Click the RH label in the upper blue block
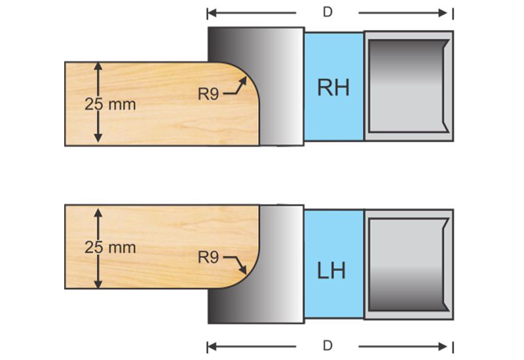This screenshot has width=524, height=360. tap(333, 87)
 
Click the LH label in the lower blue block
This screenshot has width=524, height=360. tap(333, 270)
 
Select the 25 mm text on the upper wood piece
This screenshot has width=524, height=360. tap(111, 103)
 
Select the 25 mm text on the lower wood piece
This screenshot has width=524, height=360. tap(111, 247)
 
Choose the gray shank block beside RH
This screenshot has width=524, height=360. tap(408, 85)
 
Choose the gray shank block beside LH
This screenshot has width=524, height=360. tap(408, 264)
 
